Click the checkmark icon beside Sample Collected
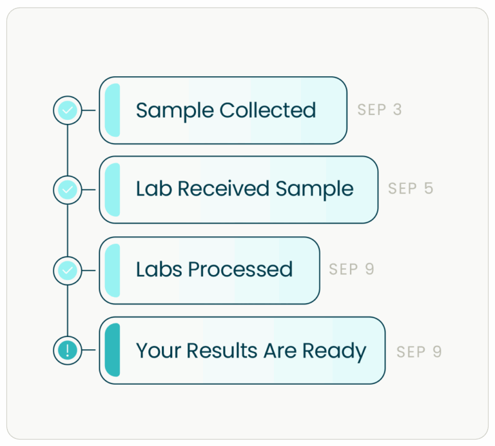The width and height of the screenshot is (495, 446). (68, 110)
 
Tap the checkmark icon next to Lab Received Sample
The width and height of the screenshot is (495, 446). (68, 190)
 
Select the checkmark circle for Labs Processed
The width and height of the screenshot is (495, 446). (68, 270)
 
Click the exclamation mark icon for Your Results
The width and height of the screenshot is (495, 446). (68, 350)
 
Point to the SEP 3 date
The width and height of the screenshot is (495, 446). (380, 110)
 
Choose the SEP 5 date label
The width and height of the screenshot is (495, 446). (411, 189)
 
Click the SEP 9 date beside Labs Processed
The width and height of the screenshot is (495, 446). (351, 270)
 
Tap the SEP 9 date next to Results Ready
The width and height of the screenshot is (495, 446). (419, 352)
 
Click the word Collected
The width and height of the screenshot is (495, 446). (267, 110)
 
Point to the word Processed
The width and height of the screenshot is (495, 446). (240, 270)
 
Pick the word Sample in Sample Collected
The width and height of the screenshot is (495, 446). (175, 110)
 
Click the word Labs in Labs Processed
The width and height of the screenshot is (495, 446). (159, 270)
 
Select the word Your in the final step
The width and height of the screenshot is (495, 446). (159, 351)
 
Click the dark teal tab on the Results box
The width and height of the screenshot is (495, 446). (112, 350)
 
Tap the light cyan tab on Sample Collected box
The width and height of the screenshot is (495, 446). (112, 110)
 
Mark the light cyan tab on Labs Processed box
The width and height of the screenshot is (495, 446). (112, 270)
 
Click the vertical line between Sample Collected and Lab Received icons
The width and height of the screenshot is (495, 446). (68, 150)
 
